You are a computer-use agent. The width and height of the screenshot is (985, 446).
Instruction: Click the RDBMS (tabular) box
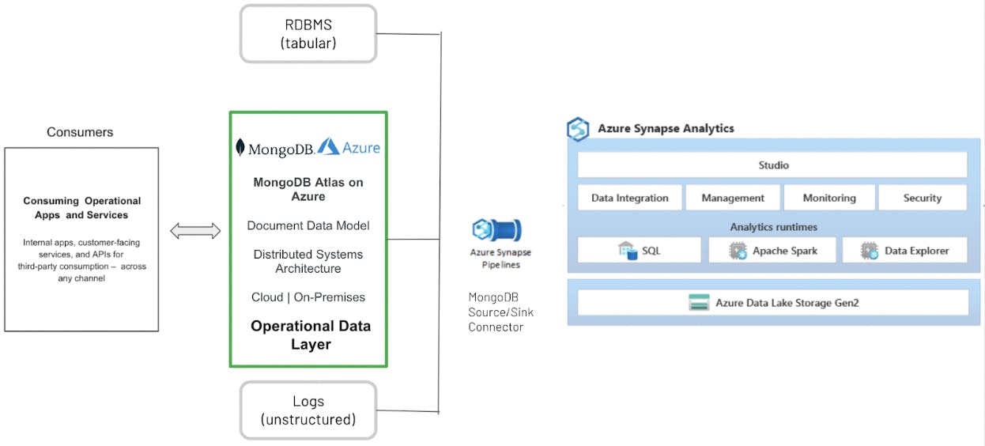[x=308, y=34]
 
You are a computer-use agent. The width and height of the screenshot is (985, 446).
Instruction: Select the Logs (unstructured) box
[x=308, y=410]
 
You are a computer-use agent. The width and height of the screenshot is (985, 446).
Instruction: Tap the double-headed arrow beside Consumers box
[x=195, y=231]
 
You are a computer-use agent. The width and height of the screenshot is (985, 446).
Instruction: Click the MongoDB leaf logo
[x=240, y=147]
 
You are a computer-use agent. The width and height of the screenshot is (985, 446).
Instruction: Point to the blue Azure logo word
[x=361, y=148]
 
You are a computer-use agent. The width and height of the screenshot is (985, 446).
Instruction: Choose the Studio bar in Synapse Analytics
[x=772, y=165]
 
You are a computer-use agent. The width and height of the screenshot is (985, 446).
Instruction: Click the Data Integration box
[x=629, y=198]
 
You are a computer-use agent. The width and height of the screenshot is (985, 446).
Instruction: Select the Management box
[x=733, y=198]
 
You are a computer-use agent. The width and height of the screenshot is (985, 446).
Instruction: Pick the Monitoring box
[x=829, y=198]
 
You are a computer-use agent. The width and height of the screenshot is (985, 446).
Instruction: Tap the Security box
[x=922, y=198]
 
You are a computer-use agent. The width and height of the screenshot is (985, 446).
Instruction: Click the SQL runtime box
[x=640, y=251]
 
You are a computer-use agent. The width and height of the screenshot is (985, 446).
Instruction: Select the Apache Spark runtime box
[x=773, y=251]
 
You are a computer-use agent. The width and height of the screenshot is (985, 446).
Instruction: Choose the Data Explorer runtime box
[x=904, y=251]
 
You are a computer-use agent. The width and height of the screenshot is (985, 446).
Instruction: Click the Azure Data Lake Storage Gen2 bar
[x=772, y=302]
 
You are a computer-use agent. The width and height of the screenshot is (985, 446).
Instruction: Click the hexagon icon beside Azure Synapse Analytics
[x=579, y=129]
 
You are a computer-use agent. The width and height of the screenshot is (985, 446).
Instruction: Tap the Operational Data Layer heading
[x=311, y=335]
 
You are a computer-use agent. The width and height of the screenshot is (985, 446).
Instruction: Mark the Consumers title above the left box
[x=80, y=132]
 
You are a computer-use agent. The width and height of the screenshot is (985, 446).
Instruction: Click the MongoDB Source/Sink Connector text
[x=500, y=312]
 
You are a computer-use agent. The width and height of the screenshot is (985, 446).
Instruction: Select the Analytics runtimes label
[x=773, y=227]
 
